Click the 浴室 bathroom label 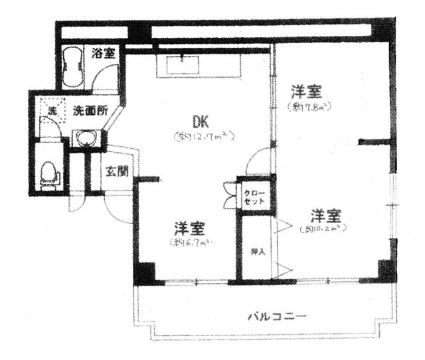[x=105, y=53]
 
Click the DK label [x=201, y=122]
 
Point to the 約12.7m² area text [x=205, y=137]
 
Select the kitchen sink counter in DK [x=183, y=66]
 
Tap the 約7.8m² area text [x=309, y=106]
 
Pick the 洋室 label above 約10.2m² [x=326, y=216]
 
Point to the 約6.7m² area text [x=190, y=243]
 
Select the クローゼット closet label [x=254, y=195]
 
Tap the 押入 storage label [x=255, y=252]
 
